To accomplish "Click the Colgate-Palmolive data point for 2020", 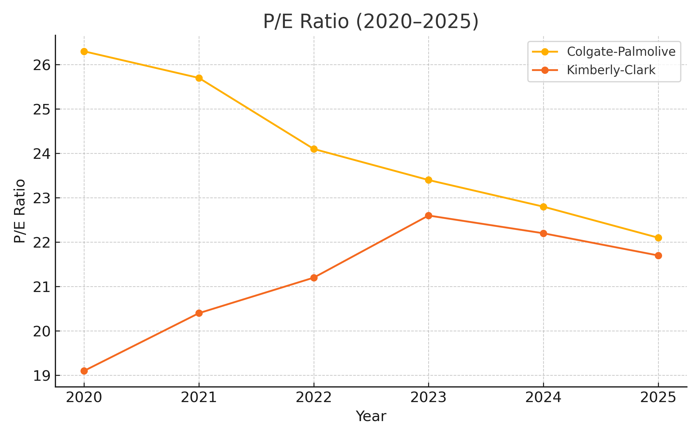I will tap(84, 52).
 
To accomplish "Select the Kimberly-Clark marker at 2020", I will tap(84, 371).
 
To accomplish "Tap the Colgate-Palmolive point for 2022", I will tap(314, 149).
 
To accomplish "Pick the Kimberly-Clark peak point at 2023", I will tap(428, 216).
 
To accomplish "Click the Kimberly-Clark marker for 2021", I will tap(199, 313).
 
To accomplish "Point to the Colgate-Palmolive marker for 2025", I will tap(658, 238).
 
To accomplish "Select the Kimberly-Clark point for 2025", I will tap(658, 256).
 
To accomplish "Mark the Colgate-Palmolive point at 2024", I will tap(543, 207).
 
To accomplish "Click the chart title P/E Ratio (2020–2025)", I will tap(371, 22).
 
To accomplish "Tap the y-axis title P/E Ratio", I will tap(20, 211).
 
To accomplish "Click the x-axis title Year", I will tap(371, 416).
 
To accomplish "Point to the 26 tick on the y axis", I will tap(42, 65).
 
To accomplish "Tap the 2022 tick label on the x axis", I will tap(314, 398).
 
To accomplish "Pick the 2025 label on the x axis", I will tap(658, 398).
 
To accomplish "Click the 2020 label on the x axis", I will tap(84, 398).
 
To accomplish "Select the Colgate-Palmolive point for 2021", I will tap(199, 78).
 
